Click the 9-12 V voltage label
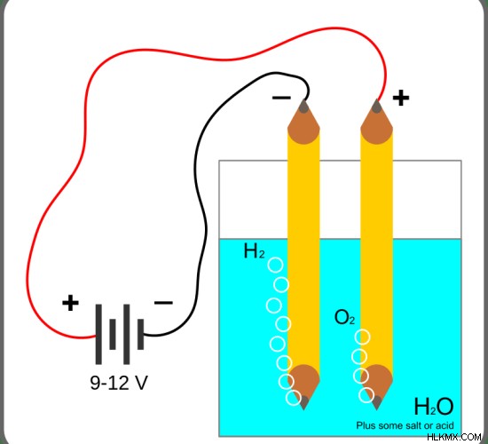[x=119, y=383]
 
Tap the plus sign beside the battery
[x=70, y=303]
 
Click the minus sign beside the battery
[x=163, y=302]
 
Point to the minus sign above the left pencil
[x=281, y=98]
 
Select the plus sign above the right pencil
[x=401, y=98]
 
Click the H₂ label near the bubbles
[x=255, y=251]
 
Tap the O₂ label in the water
[x=344, y=318]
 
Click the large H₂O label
[x=434, y=407]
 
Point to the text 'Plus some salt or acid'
[x=405, y=425]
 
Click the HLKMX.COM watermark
[x=454, y=437]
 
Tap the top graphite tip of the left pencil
[x=303, y=106]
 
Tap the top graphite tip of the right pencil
[x=377, y=106]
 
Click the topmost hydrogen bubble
[x=276, y=266]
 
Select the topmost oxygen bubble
[x=363, y=337]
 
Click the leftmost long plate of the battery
[x=98, y=334]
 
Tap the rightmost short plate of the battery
[x=141, y=334]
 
